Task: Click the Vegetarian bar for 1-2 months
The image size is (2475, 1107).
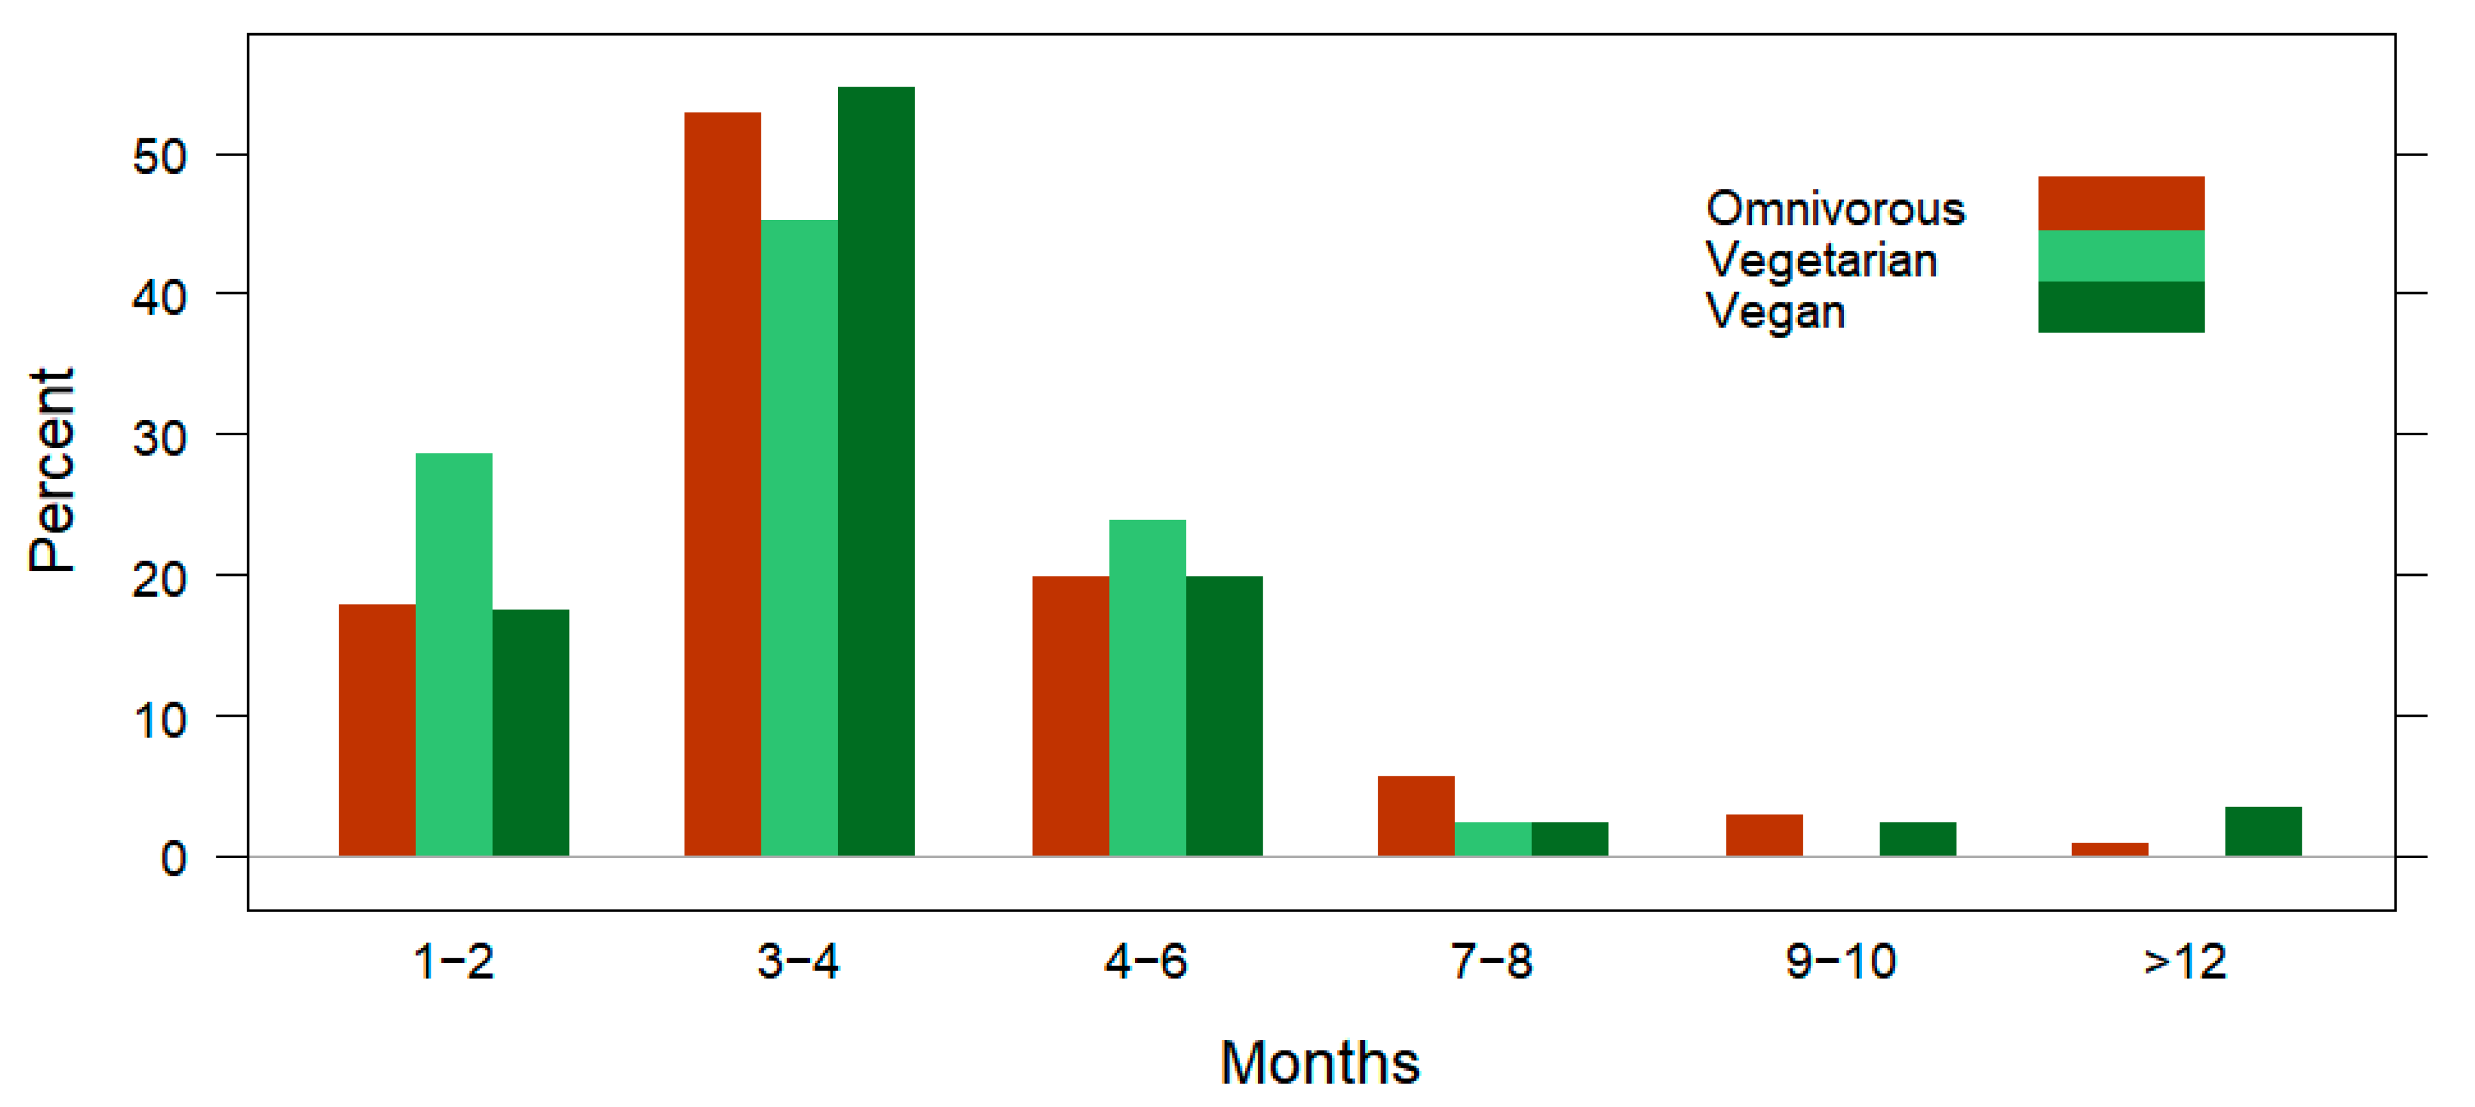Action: (453, 653)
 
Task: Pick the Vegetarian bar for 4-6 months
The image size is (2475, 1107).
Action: (1147, 687)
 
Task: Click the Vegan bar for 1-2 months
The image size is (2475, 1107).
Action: (530, 731)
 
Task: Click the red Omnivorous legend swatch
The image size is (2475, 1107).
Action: (2120, 203)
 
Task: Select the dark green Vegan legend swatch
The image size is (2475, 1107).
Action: (2120, 307)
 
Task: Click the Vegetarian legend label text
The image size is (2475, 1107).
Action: (1821, 261)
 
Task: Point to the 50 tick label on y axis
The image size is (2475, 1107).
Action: (160, 157)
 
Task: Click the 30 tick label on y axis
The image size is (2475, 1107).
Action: (160, 438)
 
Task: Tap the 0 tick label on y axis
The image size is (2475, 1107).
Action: (173, 858)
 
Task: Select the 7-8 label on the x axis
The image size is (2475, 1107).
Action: (1491, 961)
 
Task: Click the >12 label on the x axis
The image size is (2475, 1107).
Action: (2185, 961)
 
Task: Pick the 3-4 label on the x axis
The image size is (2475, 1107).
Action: (798, 961)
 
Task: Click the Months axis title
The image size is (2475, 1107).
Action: (1319, 1063)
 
